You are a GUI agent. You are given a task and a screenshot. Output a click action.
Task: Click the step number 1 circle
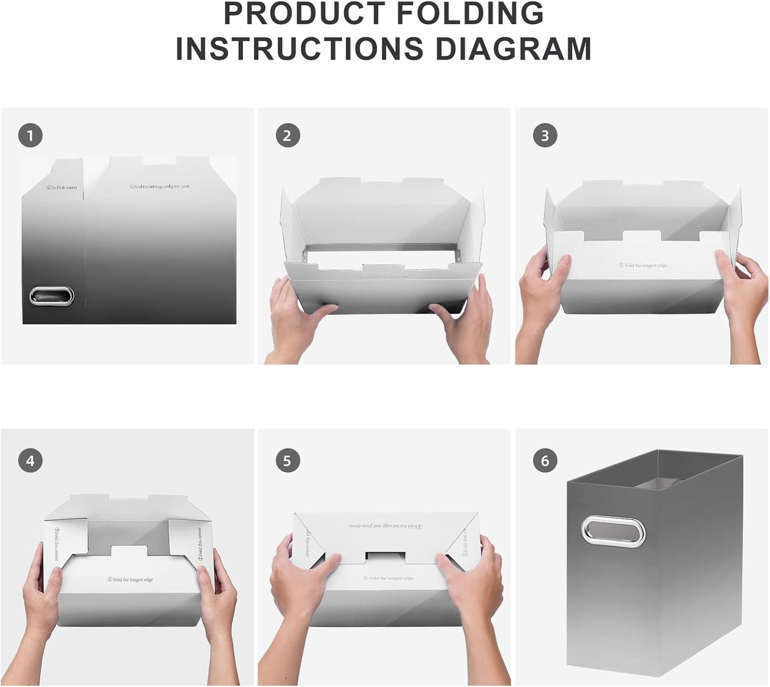(x=30, y=136)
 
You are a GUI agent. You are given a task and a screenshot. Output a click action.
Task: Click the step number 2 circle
(x=288, y=136)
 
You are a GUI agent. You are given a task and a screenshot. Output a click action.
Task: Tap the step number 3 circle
(x=545, y=136)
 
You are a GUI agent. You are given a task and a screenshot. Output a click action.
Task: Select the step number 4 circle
(x=30, y=460)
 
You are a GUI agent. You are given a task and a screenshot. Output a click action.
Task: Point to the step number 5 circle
(x=288, y=460)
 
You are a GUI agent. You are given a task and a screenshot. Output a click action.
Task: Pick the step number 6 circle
(x=545, y=460)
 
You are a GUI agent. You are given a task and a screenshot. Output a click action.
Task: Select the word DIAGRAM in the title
(x=514, y=49)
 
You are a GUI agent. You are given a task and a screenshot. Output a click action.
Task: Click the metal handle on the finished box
(x=613, y=530)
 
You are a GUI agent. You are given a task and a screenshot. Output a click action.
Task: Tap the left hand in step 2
(x=298, y=320)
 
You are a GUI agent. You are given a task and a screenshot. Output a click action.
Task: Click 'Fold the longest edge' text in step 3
(x=643, y=265)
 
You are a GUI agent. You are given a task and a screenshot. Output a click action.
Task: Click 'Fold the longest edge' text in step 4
(x=130, y=579)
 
